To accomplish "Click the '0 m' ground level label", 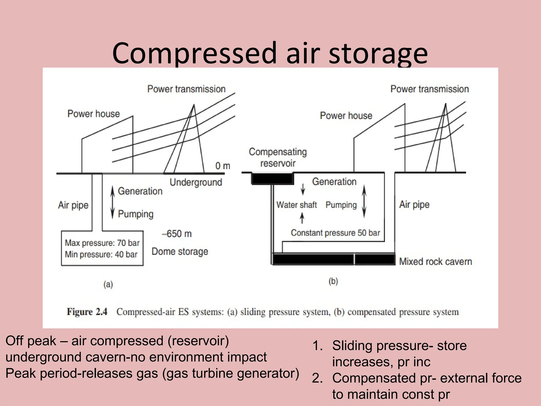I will point(223,166).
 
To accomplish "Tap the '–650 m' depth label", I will point(177,234).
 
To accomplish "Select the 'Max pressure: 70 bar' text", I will point(102,243).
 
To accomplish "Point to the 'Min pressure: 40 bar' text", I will point(101,254).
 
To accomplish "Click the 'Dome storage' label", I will point(180,251).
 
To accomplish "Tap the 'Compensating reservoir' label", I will point(278,158).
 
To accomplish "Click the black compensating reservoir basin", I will point(272,178).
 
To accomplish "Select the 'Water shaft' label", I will point(296,205).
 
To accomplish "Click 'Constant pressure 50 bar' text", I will point(335,233).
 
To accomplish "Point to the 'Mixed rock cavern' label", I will point(435,261).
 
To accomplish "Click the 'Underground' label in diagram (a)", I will point(196,182).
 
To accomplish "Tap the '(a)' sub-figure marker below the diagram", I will point(108,284).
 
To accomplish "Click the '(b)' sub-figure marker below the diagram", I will point(333,281).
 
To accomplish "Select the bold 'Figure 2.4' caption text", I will point(87,312).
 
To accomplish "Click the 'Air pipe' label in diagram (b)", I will point(414,204).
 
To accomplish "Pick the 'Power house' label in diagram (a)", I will point(94,114).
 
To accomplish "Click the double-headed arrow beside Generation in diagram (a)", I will point(113,202).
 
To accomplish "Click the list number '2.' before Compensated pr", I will point(317,378).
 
